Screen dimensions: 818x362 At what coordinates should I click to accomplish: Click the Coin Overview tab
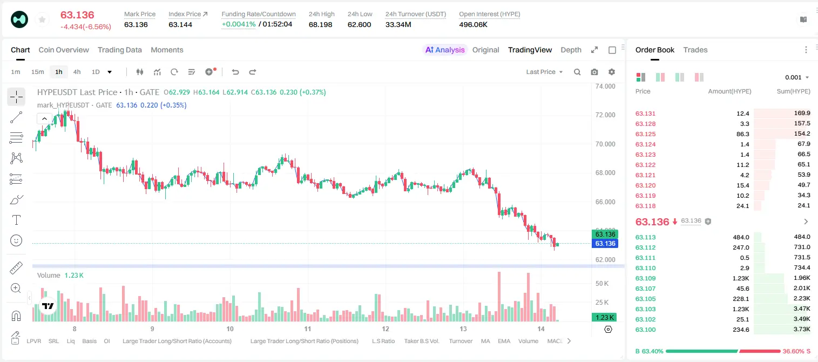click(x=64, y=50)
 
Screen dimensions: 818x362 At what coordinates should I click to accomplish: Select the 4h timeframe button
click(x=77, y=72)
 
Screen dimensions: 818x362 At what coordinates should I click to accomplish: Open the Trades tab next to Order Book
click(x=695, y=50)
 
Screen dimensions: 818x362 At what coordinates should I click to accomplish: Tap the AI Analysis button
click(x=445, y=50)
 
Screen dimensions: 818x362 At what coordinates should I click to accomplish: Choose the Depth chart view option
click(x=571, y=50)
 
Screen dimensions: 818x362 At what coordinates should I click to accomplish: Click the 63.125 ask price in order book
click(x=645, y=134)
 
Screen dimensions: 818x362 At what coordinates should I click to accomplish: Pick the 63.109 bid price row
click(x=645, y=278)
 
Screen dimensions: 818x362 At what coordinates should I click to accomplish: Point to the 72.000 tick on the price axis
click(x=605, y=115)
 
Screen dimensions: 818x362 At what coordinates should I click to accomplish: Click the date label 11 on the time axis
click(x=307, y=329)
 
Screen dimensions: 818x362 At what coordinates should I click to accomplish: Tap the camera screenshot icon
click(x=594, y=72)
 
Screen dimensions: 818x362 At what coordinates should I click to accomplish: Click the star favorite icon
click(x=42, y=19)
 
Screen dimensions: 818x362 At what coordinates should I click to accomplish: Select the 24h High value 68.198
click(x=320, y=24)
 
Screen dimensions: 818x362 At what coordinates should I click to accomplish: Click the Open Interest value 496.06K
click(x=473, y=24)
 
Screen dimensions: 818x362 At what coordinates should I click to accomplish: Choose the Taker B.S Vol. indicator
click(x=421, y=341)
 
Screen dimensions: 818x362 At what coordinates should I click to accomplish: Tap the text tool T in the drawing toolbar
click(x=16, y=220)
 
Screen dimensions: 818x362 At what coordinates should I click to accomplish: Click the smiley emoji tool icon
click(x=16, y=240)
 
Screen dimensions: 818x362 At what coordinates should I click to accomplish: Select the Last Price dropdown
click(x=544, y=72)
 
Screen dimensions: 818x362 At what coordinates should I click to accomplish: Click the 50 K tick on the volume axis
click(x=602, y=284)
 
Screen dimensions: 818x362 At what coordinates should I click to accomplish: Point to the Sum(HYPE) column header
click(x=793, y=91)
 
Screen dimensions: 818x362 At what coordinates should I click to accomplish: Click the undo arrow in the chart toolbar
click(x=235, y=72)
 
